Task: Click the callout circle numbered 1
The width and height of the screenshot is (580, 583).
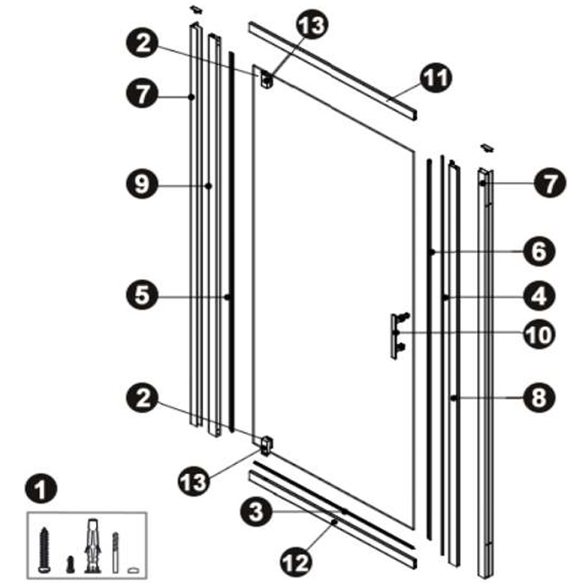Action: [x=40, y=488]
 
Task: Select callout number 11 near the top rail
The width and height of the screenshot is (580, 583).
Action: [x=436, y=78]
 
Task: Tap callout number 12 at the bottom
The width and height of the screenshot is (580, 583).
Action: [x=296, y=562]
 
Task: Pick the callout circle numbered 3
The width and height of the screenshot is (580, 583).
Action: [x=256, y=512]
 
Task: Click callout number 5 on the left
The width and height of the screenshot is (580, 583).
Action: [x=142, y=296]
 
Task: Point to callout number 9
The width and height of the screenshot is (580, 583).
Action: [x=142, y=184]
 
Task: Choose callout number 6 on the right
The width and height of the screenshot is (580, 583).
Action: [x=540, y=251]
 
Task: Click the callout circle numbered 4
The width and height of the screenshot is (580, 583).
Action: [x=540, y=297]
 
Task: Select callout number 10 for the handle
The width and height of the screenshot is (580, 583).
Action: [x=540, y=334]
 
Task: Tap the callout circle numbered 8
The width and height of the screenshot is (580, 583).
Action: [x=540, y=397]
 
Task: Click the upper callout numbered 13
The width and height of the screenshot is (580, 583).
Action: [x=312, y=24]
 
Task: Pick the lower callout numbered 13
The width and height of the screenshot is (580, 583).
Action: [x=194, y=481]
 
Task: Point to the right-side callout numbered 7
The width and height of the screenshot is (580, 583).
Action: [x=550, y=183]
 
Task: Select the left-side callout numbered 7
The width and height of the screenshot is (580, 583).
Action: [x=142, y=93]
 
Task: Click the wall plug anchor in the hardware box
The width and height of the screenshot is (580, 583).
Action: [x=92, y=546]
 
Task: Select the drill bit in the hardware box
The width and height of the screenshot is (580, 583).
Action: [x=115, y=553]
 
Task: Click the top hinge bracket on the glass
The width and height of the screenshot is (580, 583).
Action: [x=267, y=79]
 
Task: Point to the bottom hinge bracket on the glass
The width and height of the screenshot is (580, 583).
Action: [x=267, y=446]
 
